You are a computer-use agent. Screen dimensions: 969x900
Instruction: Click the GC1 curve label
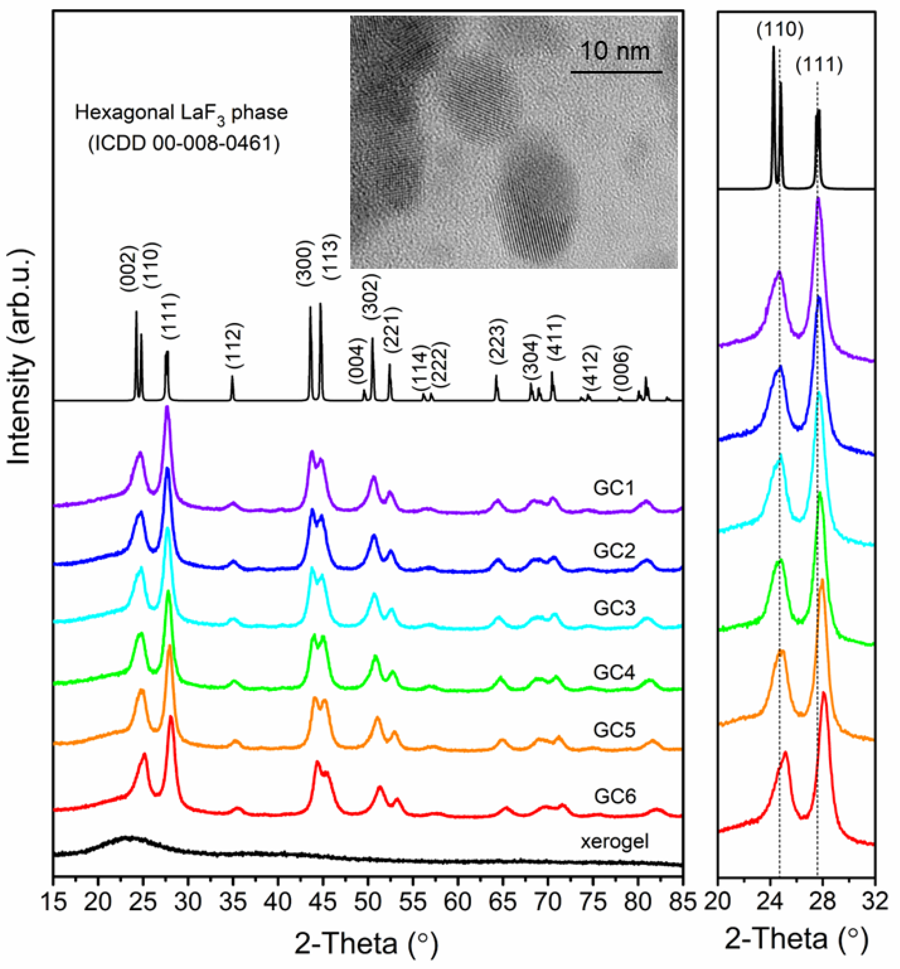[x=614, y=488]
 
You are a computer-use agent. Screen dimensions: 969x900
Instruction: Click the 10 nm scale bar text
[x=615, y=51]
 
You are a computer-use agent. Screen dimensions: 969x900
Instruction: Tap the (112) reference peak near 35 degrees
[x=232, y=378]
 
